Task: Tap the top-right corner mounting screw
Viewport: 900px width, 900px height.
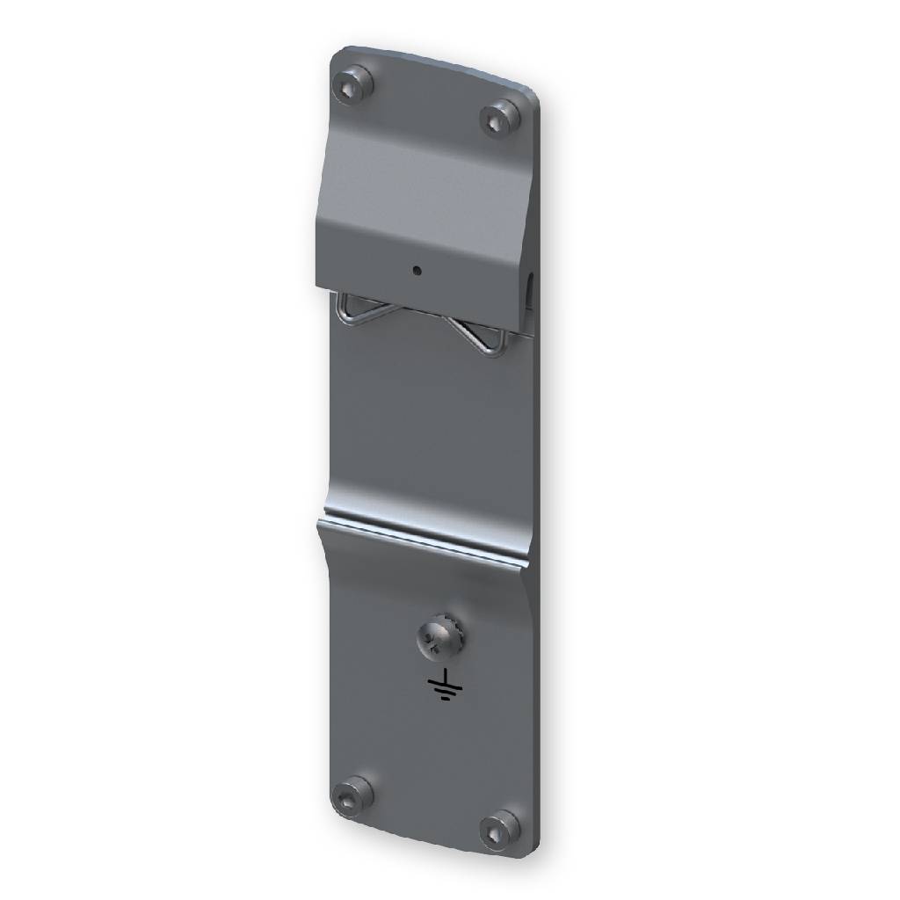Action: [501, 116]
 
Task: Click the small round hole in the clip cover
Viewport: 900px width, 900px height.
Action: [417, 271]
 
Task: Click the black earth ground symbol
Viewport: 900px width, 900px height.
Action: [446, 686]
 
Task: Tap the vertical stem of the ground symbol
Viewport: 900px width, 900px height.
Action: [446, 676]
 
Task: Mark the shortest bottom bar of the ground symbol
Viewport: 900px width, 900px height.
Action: [446, 700]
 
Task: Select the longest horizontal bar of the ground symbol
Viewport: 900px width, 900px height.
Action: [446, 685]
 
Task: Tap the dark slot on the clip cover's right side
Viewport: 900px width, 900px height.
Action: [531, 290]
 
